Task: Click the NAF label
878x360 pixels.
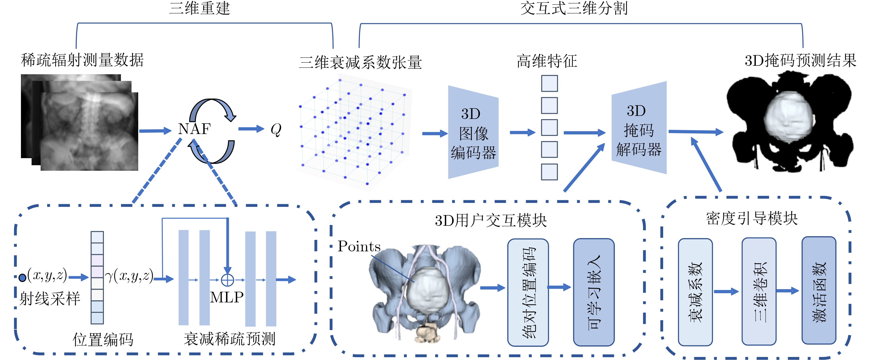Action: click(194, 129)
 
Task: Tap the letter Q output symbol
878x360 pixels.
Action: click(276, 130)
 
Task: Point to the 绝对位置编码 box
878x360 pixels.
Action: click(528, 292)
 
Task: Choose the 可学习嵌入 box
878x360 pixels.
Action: click(594, 292)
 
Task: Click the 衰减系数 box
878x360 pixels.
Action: click(695, 292)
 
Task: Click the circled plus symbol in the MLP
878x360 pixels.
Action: click(227, 280)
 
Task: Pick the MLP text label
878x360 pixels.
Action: click(227, 297)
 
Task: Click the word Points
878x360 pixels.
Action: click(359, 246)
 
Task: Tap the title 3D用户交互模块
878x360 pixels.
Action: click(491, 221)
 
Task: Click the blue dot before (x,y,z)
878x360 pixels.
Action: click(23, 278)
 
